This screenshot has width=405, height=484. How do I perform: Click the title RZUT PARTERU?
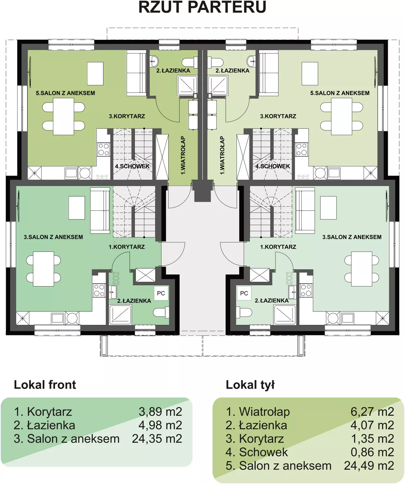202,7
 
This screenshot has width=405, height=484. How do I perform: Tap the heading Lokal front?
45,385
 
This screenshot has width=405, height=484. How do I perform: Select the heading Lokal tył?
250,385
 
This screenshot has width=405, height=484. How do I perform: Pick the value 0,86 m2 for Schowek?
372,452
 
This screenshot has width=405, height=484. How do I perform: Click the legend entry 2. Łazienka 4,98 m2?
98,425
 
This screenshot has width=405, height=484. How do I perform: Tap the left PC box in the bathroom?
161,293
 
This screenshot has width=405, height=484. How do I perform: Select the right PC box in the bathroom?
244,293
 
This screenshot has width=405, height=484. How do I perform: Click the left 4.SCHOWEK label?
132,166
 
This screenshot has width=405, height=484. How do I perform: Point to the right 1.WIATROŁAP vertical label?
222,155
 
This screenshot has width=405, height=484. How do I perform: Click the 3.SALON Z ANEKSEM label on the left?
53,237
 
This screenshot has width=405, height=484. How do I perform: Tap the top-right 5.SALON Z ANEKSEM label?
340,93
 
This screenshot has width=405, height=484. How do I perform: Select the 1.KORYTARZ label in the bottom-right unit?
278,247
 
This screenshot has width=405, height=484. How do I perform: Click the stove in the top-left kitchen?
104,149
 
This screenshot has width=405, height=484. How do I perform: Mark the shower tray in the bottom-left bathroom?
120,315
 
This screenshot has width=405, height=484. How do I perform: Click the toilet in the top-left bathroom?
189,62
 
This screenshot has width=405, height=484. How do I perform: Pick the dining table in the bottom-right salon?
361,269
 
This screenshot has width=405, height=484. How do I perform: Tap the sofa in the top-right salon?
269,73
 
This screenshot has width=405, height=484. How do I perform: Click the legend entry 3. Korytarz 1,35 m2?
309,438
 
